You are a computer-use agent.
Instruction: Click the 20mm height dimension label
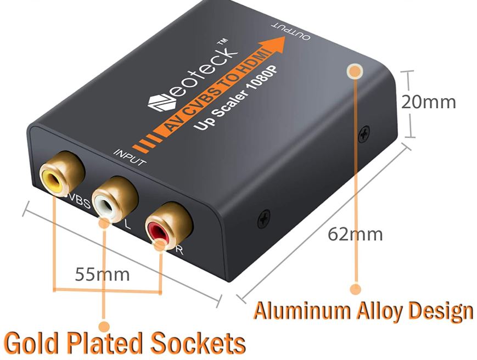[x=428, y=102]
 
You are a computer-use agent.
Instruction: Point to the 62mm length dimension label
[x=355, y=234]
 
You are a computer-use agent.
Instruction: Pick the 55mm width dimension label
[x=102, y=273]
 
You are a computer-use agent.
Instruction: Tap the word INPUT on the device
[x=130, y=156]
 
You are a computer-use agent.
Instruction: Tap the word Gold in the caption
[x=31, y=342]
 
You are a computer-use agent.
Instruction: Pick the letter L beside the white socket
[x=128, y=224]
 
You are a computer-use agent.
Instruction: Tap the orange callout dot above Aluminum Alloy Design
[x=356, y=288]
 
